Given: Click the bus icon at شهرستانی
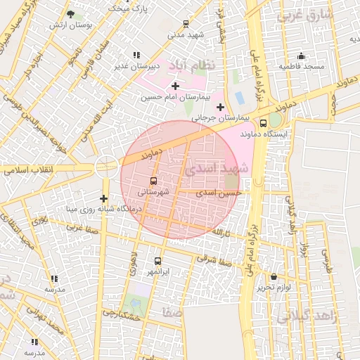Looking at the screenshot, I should coord(154,180).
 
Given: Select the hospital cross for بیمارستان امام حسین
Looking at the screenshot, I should coord(175,86).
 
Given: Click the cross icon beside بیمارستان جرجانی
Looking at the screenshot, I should coord(221,107).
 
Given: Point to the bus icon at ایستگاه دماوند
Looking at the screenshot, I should coord(263,124).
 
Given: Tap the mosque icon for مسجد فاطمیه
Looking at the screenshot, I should coord(301,56).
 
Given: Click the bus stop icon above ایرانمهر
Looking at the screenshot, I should coord(157,261).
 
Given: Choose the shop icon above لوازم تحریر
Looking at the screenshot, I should coord(274,277).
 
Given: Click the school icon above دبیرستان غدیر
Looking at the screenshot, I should coord(136,55).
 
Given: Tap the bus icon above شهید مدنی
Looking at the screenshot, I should coord(186,23).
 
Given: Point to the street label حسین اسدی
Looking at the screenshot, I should coord(219,192).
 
